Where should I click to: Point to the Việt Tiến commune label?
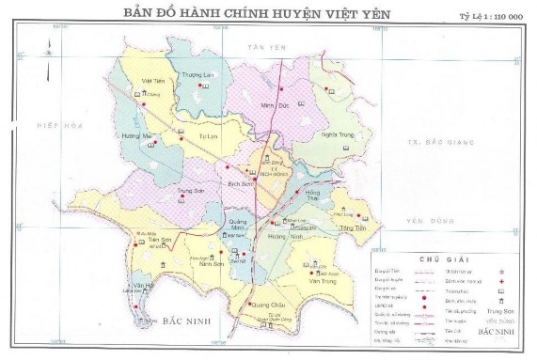tap(152, 82)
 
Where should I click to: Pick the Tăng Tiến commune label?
tap(353, 228)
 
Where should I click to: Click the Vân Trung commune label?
tap(321, 280)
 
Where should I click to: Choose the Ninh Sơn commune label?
tap(211, 264)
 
